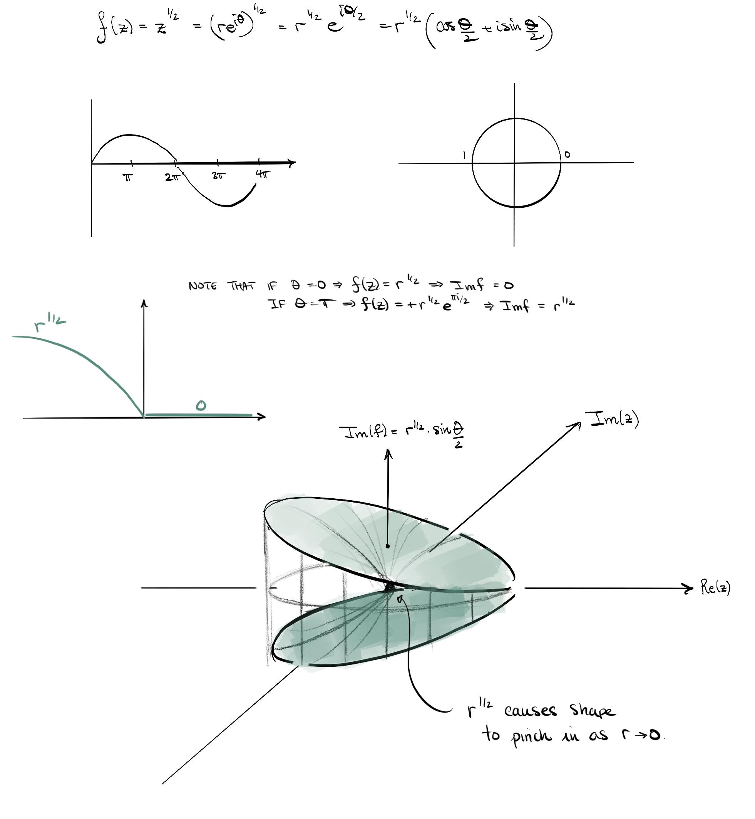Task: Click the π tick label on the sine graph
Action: pos(128,177)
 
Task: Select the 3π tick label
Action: pos(219,176)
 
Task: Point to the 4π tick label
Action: pos(263,175)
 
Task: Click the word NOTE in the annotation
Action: pos(203,286)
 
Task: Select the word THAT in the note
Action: pos(241,286)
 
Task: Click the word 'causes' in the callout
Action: pos(530,711)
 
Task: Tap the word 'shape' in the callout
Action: pos(592,711)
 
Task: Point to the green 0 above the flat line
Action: pos(201,405)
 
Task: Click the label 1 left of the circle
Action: pos(464,155)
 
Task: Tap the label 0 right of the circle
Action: pos(567,155)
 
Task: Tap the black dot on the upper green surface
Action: pos(388,546)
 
